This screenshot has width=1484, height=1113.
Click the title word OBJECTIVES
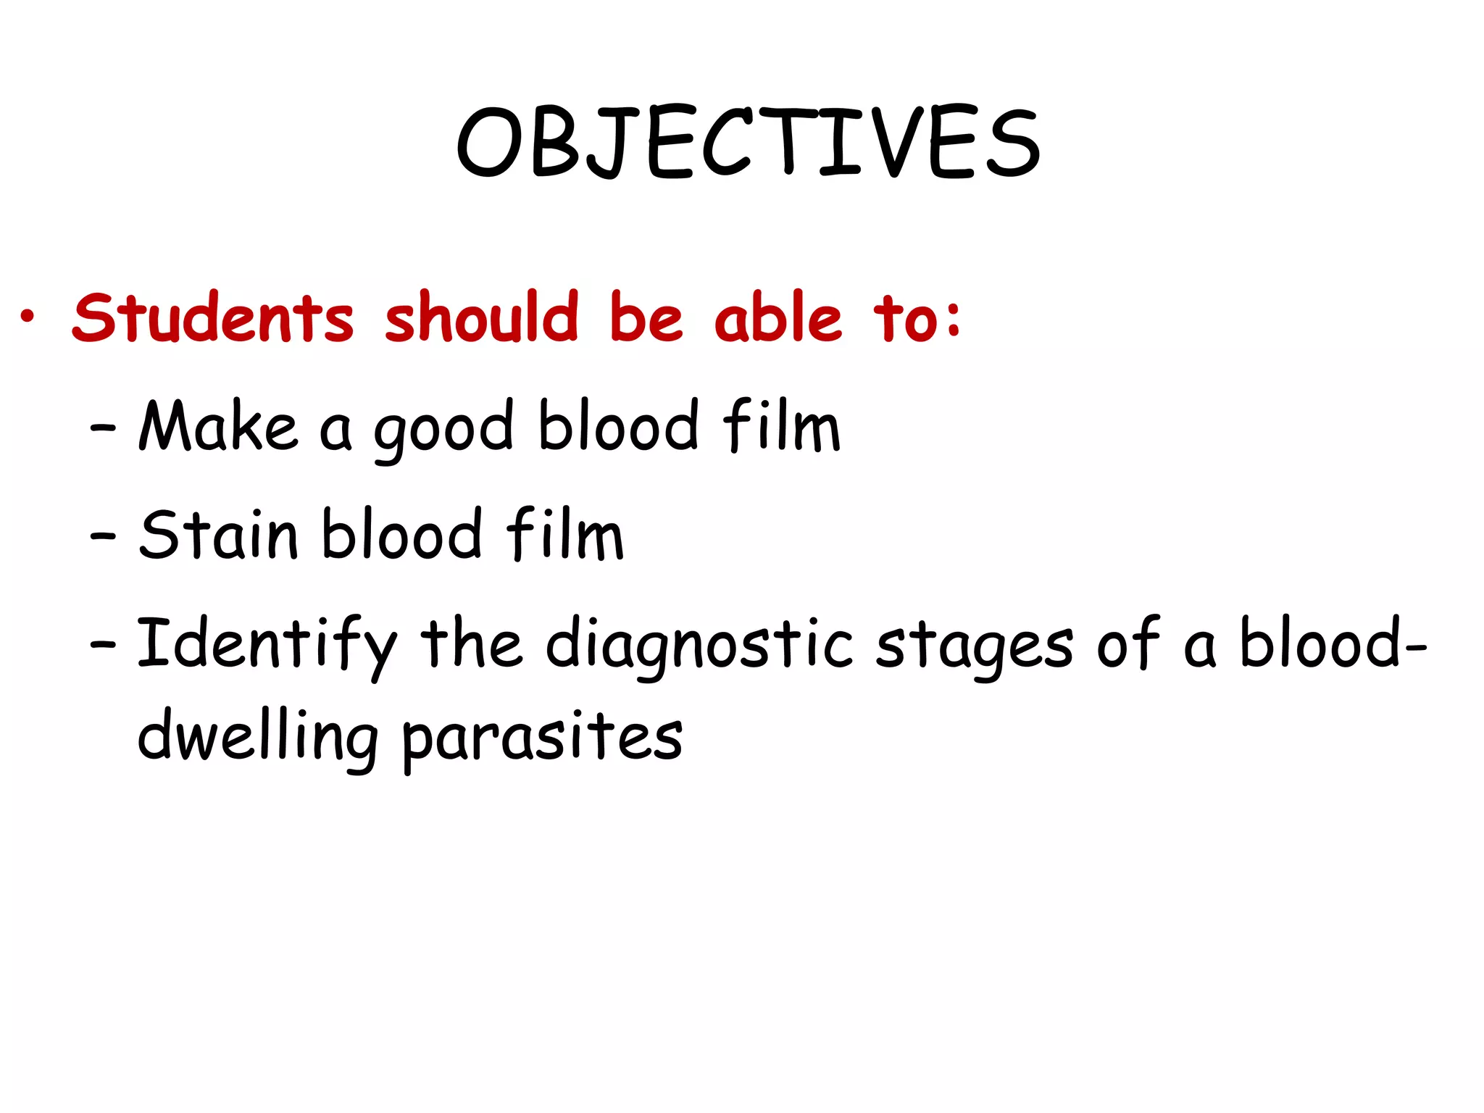749,143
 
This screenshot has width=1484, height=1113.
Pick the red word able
778,319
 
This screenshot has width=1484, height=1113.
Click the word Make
218,427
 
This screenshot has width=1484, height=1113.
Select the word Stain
218,535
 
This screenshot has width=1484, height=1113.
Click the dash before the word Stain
103,537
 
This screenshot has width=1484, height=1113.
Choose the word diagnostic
699,646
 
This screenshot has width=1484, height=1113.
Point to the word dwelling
257,738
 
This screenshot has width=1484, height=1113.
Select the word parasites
542,738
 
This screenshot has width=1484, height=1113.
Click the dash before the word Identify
103,644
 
